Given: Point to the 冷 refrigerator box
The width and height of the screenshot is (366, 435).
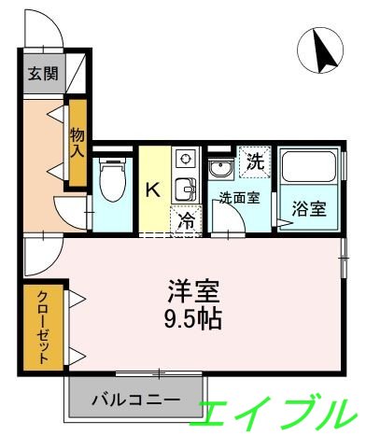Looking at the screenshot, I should [x=185, y=220].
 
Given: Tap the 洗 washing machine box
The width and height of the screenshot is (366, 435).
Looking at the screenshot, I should [x=252, y=161].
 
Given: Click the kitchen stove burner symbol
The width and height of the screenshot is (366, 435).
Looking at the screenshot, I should [x=185, y=158].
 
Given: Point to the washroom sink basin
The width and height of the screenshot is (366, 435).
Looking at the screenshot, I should [x=222, y=170].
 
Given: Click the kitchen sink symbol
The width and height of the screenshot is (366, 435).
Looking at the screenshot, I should [x=185, y=188].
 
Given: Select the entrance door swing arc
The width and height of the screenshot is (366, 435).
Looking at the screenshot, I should [x=52, y=28].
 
